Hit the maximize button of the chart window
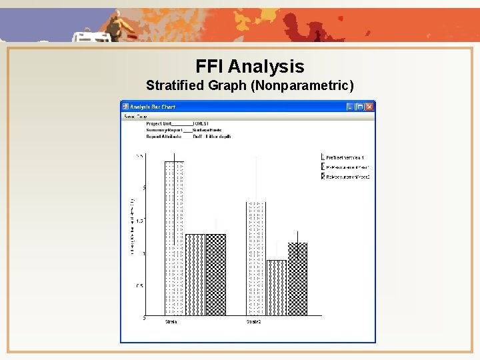360,107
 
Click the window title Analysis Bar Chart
152,107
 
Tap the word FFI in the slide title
210,67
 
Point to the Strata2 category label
254,322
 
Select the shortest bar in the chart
277,287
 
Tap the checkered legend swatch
323,177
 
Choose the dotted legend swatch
323,157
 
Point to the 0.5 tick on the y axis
139,286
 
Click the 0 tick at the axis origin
143,318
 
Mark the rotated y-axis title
133,227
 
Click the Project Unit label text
159,123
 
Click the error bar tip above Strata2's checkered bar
297,232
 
